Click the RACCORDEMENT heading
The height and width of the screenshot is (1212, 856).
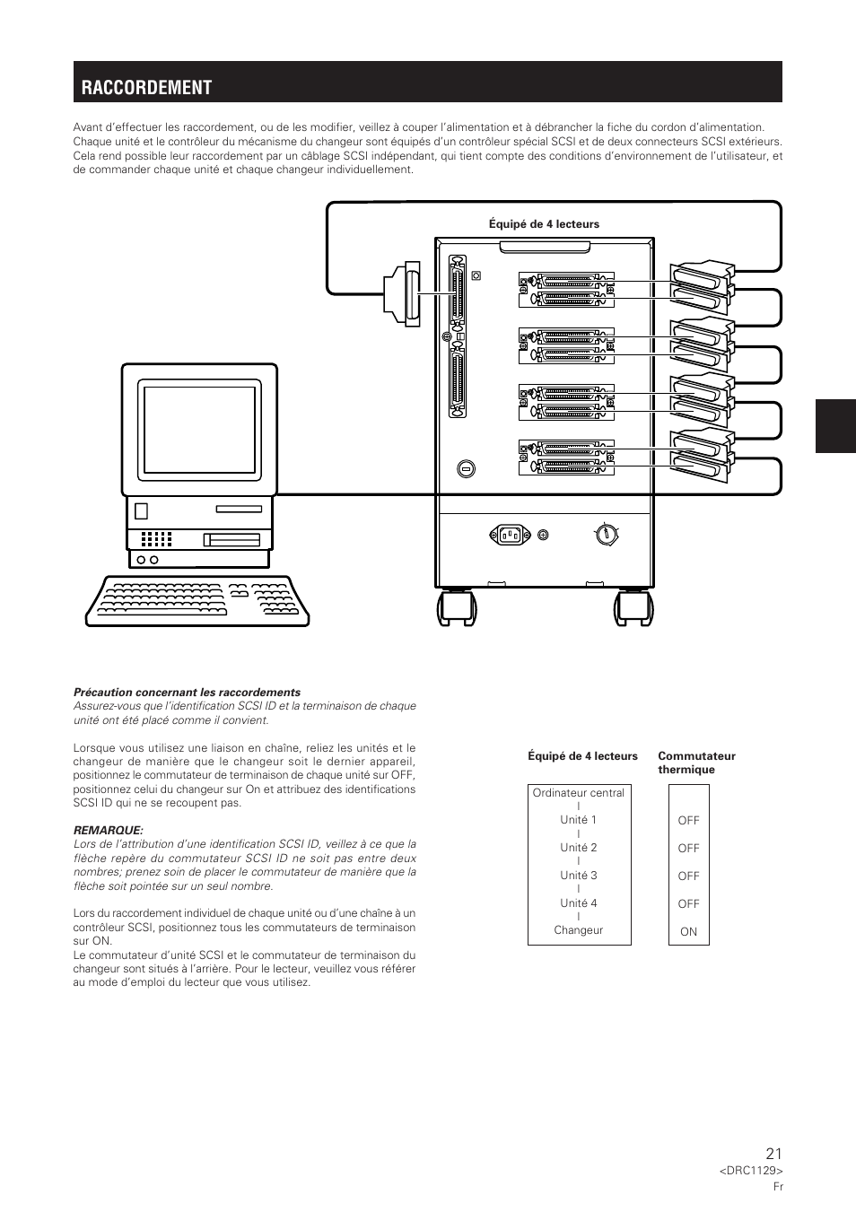tap(147, 87)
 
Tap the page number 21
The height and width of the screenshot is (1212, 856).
tap(773, 1155)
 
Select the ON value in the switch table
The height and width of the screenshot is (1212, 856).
tap(688, 932)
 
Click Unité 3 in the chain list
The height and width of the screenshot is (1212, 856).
tap(579, 876)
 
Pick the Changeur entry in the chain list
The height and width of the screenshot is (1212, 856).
tap(579, 930)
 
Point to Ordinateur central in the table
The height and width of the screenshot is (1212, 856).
tap(579, 793)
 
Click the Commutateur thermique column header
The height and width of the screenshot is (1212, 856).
tap(696, 763)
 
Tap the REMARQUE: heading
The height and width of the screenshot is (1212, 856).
tap(108, 830)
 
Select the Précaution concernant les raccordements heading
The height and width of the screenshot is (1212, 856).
tap(187, 693)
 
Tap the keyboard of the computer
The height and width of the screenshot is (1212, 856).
tap(197, 600)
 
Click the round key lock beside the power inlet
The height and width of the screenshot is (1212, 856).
tap(607, 534)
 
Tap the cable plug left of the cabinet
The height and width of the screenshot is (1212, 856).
tap(402, 292)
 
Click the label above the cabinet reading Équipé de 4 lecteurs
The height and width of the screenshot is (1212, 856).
tap(544, 224)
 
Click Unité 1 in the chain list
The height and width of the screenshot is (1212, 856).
tap(579, 820)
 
